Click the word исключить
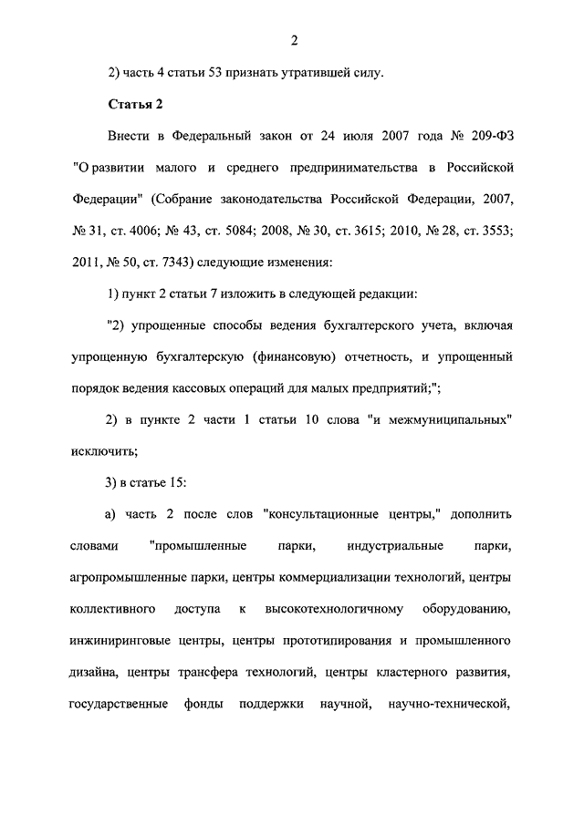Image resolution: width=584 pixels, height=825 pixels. pyautogui.click(x=103, y=451)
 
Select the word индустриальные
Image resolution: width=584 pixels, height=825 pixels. pyautogui.click(x=395, y=546)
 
